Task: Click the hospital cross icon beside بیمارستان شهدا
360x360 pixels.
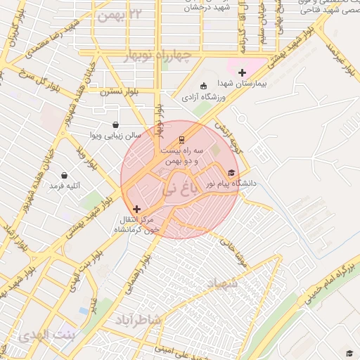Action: tap(243, 72)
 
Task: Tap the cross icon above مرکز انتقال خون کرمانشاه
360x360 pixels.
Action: tap(136, 208)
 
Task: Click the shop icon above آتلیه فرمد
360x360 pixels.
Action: tap(65, 176)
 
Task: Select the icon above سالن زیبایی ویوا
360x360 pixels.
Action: tap(115, 124)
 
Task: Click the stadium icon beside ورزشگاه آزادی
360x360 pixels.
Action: tap(204, 84)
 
